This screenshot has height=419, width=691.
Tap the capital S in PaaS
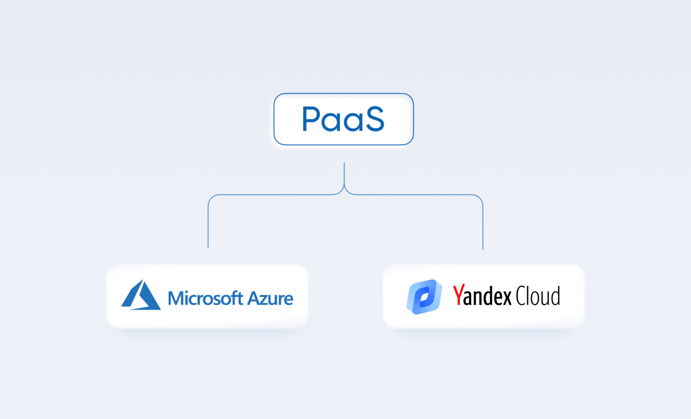tap(374, 119)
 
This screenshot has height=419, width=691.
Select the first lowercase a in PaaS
tap(331, 122)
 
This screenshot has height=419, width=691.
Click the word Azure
tap(270, 298)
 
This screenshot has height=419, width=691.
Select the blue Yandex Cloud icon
tap(424, 297)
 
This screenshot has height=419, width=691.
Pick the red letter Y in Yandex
tap(459, 295)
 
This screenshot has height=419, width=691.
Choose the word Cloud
tap(538, 295)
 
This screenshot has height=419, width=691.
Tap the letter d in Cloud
tap(556, 295)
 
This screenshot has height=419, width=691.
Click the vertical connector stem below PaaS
tap(344, 174)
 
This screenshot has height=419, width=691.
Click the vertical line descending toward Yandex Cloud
tap(483, 227)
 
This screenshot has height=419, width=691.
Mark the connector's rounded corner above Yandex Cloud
tap(479, 198)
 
